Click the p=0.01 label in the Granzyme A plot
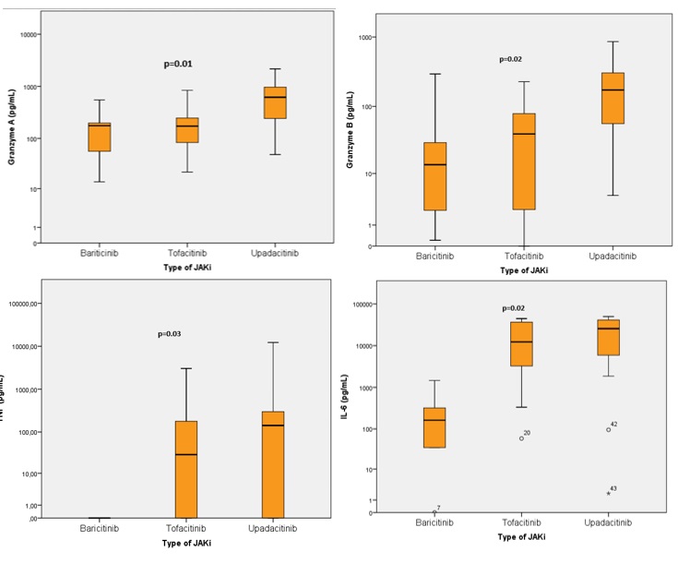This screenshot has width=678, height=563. click(x=176, y=64)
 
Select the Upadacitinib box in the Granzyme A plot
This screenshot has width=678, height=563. click(x=274, y=102)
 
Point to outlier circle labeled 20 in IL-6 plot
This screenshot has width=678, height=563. click(x=521, y=437)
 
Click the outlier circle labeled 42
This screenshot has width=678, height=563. click(x=609, y=429)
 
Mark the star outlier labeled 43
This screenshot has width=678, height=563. click(x=609, y=493)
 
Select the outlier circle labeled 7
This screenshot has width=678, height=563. click(x=434, y=511)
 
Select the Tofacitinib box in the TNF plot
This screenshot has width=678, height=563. click(x=186, y=469)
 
